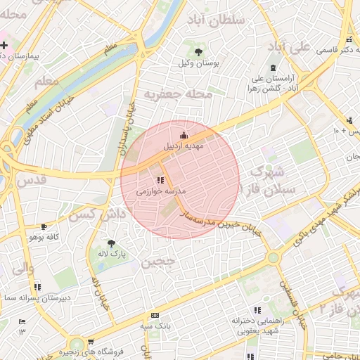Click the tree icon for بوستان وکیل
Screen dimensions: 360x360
click(199, 51)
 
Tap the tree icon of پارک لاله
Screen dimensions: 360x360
click(111, 243)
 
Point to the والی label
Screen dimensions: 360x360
click(22, 267)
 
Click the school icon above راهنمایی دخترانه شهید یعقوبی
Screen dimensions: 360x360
click(257, 309)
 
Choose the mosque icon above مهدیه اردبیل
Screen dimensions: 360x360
click(184, 135)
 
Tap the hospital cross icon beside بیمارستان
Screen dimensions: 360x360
click(4, 45)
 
